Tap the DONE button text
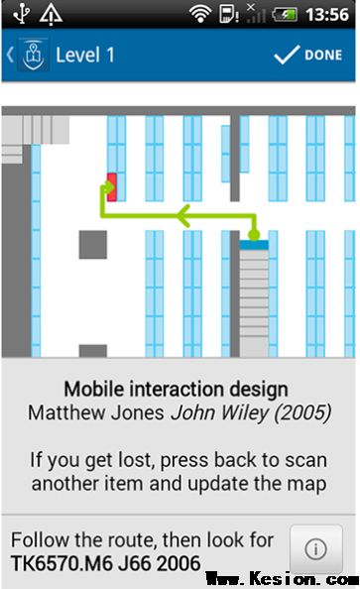click(x=323, y=56)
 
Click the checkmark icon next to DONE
click(x=287, y=56)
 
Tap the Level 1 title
click(x=85, y=56)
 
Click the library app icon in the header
click(x=34, y=56)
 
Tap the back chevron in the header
click(x=10, y=56)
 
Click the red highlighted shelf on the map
click(x=112, y=187)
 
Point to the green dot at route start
click(x=255, y=235)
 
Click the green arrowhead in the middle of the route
click(x=183, y=216)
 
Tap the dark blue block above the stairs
click(x=254, y=245)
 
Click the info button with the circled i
click(x=315, y=549)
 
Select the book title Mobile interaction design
click(x=176, y=389)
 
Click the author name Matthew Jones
click(x=96, y=412)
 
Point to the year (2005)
click(x=302, y=412)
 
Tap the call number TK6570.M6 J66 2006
click(x=105, y=563)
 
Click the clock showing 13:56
click(x=327, y=15)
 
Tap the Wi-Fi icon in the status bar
click(x=200, y=14)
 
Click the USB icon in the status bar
click(x=21, y=14)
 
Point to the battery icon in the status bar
click(x=285, y=15)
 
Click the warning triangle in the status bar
click(x=52, y=15)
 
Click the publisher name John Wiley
click(x=220, y=412)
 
